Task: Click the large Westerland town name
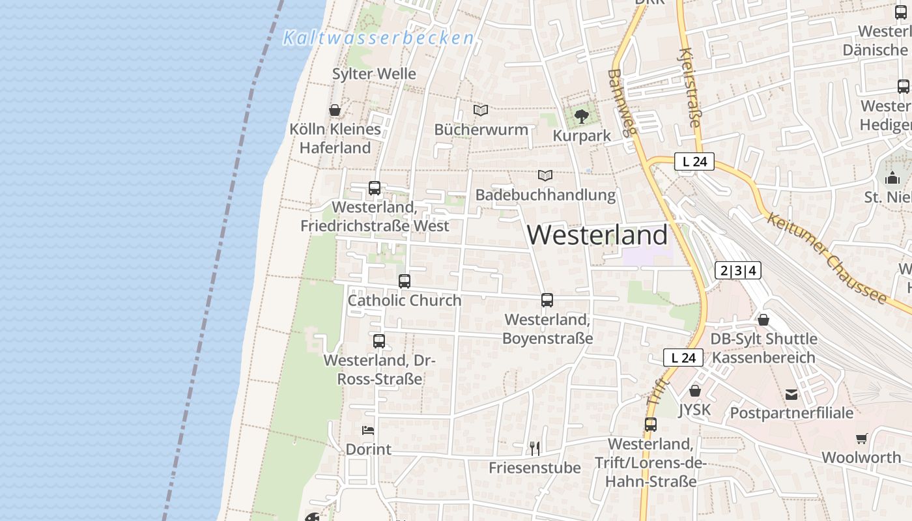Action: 597,235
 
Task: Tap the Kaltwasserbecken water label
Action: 378,38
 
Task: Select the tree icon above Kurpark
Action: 582,117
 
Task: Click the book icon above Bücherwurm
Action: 481,111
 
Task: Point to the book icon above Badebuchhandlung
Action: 545,176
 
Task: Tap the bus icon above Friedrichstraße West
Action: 375,188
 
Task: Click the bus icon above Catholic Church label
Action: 405,281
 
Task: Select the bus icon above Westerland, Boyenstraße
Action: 547,300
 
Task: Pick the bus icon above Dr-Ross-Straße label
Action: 379,341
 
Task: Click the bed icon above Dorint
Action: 368,430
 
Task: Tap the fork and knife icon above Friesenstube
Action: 535,448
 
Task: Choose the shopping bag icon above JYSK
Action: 695,391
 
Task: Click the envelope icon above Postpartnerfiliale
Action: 791,394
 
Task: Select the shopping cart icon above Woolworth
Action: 862,439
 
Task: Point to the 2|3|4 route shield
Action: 738,270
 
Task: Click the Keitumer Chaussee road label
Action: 827,258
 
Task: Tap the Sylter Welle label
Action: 374,74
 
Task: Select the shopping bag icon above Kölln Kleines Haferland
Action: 335,110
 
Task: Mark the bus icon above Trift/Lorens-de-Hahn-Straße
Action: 650,425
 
